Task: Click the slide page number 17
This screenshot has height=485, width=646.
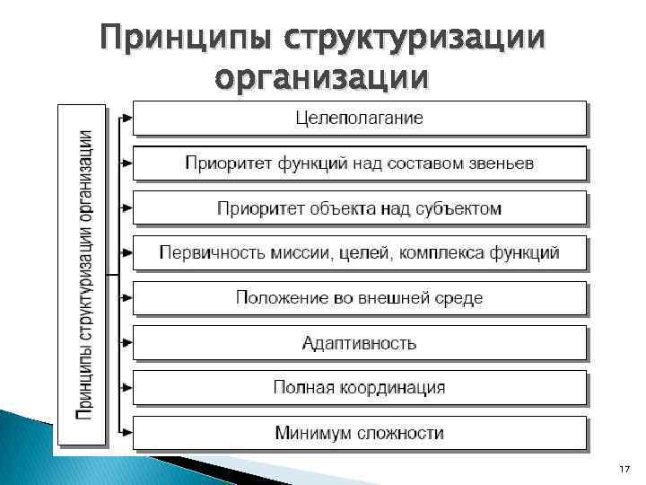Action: click(x=625, y=470)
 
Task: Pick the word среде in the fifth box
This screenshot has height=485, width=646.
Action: click(x=459, y=298)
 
